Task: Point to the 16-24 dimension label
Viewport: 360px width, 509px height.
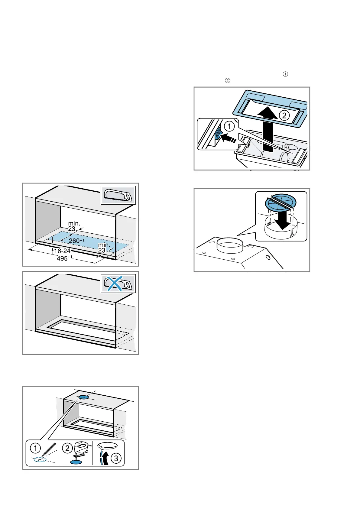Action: click(x=62, y=251)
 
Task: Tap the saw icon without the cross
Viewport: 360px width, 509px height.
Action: click(x=118, y=195)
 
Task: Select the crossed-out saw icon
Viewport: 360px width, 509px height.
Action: click(x=118, y=284)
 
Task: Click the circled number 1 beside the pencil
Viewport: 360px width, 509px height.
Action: click(x=35, y=448)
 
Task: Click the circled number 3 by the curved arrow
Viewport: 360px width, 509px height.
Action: click(x=116, y=459)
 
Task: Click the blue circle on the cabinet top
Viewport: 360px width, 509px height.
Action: click(x=84, y=397)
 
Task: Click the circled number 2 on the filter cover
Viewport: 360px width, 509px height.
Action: click(x=284, y=115)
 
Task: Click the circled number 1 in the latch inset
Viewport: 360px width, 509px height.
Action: click(x=229, y=126)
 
